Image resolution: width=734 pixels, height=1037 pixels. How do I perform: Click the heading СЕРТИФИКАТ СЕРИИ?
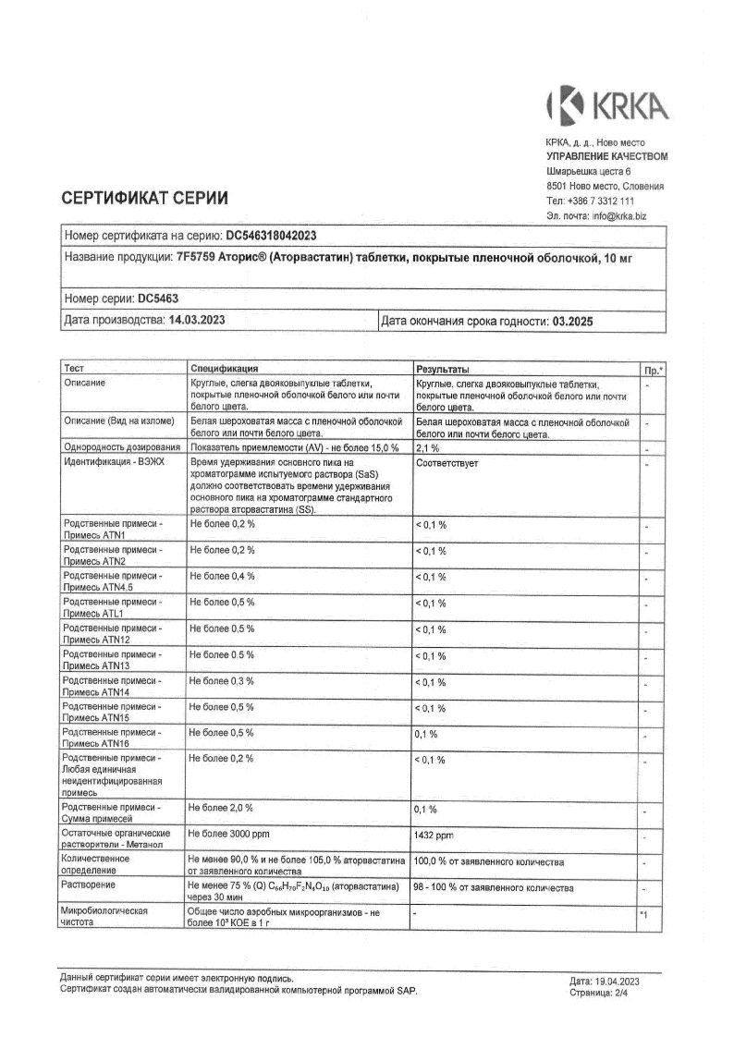point(144,198)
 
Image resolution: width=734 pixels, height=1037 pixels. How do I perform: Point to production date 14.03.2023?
point(197,321)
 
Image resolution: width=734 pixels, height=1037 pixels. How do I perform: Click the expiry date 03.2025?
point(571,322)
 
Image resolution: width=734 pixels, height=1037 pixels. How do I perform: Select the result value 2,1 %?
point(427,447)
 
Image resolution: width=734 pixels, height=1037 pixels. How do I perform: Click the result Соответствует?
point(447,462)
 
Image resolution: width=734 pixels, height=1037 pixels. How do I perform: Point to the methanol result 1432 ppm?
point(435,835)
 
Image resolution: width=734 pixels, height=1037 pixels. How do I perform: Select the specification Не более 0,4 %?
point(222,576)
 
